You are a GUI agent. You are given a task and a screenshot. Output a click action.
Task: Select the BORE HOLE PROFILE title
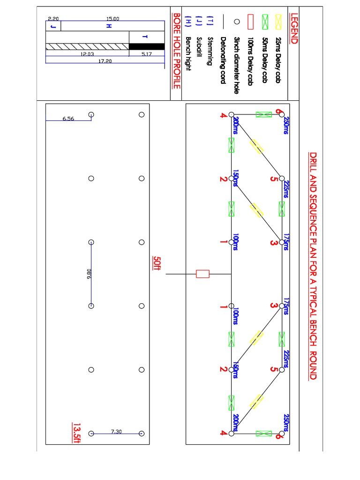tap(177, 51)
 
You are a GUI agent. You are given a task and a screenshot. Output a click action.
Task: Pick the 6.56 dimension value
tap(68, 118)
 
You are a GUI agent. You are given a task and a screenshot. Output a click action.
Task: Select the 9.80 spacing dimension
tap(89, 274)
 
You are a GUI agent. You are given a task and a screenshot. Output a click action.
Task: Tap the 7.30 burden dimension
tap(117, 431)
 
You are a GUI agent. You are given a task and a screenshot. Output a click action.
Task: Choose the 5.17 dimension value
tap(146, 53)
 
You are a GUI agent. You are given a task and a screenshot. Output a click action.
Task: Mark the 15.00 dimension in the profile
tap(113, 19)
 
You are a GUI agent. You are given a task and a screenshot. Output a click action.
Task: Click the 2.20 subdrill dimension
tap(53, 19)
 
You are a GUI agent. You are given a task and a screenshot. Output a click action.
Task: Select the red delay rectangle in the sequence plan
tap(202, 274)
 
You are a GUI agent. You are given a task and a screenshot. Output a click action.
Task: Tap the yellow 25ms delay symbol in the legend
tap(278, 22)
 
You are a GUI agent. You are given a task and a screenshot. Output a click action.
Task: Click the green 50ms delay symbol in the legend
tap(264, 22)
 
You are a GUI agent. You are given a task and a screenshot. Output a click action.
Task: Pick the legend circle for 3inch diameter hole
tap(237, 22)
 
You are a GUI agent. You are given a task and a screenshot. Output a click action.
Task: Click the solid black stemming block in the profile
tap(147, 46)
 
